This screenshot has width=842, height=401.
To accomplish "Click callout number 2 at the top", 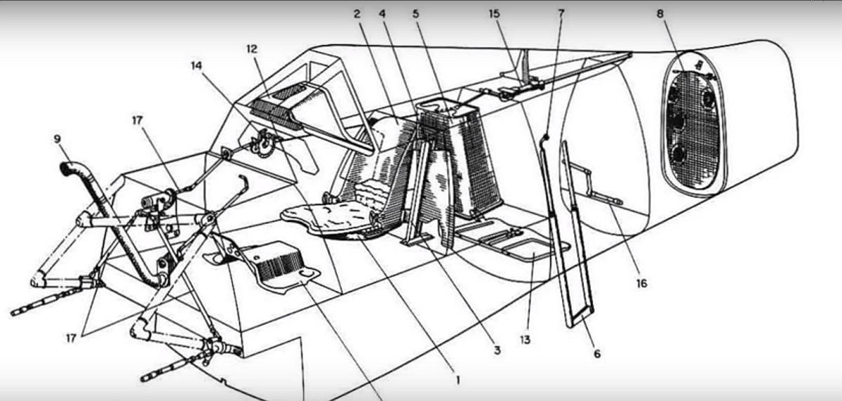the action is pyautogui.click(x=356, y=14).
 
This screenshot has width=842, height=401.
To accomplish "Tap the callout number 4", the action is pyautogui.click(x=382, y=14).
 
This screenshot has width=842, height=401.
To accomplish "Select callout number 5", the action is pyautogui.click(x=415, y=14).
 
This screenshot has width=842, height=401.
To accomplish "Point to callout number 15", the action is pyautogui.click(x=494, y=14).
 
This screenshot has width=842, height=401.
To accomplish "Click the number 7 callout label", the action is pyautogui.click(x=561, y=14).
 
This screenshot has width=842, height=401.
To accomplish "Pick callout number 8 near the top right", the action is pyautogui.click(x=660, y=14).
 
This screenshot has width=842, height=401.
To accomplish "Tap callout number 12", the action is pyautogui.click(x=252, y=49).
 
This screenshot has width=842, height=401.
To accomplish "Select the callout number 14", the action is pyautogui.click(x=196, y=66).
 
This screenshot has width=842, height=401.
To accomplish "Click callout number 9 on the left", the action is pyautogui.click(x=57, y=139).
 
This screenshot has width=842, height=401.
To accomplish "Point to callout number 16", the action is pyautogui.click(x=641, y=283).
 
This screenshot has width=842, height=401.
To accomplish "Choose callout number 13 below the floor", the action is pyautogui.click(x=525, y=340).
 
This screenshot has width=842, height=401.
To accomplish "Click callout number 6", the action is pyautogui.click(x=597, y=354).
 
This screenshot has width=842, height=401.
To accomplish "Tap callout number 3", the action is pyautogui.click(x=497, y=350).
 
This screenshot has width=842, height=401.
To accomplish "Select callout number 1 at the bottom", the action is pyautogui.click(x=457, y=381).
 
